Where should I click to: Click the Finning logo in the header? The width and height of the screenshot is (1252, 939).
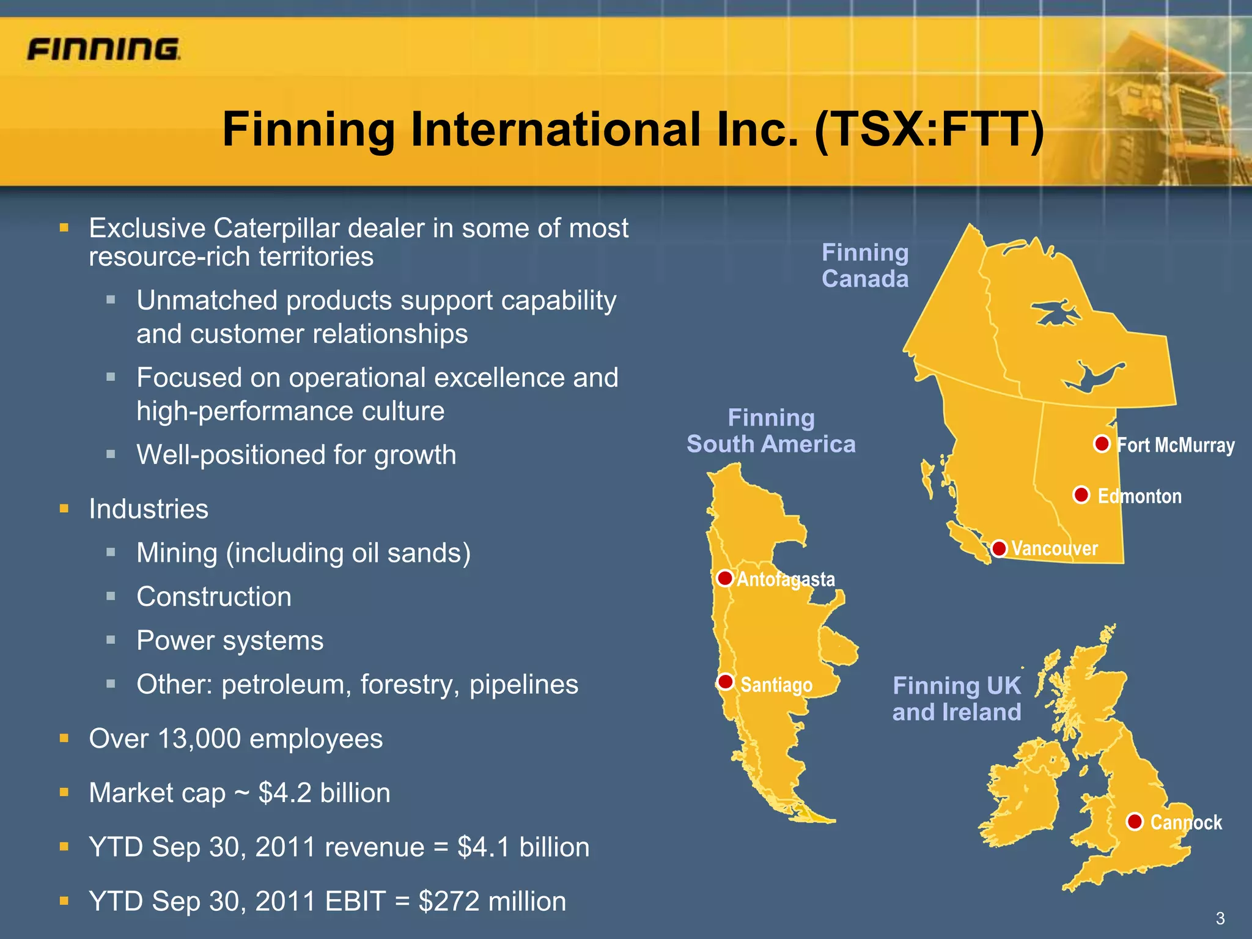[x=103, y=49]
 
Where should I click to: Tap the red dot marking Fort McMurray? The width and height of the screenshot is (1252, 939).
[x=1102, y=443]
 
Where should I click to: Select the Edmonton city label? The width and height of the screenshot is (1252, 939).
[x=1140, y=496]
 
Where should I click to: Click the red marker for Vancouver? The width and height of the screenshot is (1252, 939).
[x=999, y=548]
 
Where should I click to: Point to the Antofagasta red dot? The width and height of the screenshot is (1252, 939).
[x=725, y=578]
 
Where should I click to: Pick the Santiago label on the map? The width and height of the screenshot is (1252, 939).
[x=776, y=685]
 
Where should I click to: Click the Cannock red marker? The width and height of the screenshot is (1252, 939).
[x=1135, y=822]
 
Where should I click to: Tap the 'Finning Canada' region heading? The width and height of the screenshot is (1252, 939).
[x=865, y=265]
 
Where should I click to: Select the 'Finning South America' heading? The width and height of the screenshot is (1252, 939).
[x=771, y=431]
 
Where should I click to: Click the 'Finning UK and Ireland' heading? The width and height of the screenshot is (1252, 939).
[x=957, y=699]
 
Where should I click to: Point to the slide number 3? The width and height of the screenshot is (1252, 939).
[x=1220, y=918]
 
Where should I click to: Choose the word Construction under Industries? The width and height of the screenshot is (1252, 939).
[x=214, y=597]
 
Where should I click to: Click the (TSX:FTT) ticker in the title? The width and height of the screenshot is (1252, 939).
[x=929, y=130]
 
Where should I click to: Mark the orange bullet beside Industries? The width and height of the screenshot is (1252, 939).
[x=64, y=509]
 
